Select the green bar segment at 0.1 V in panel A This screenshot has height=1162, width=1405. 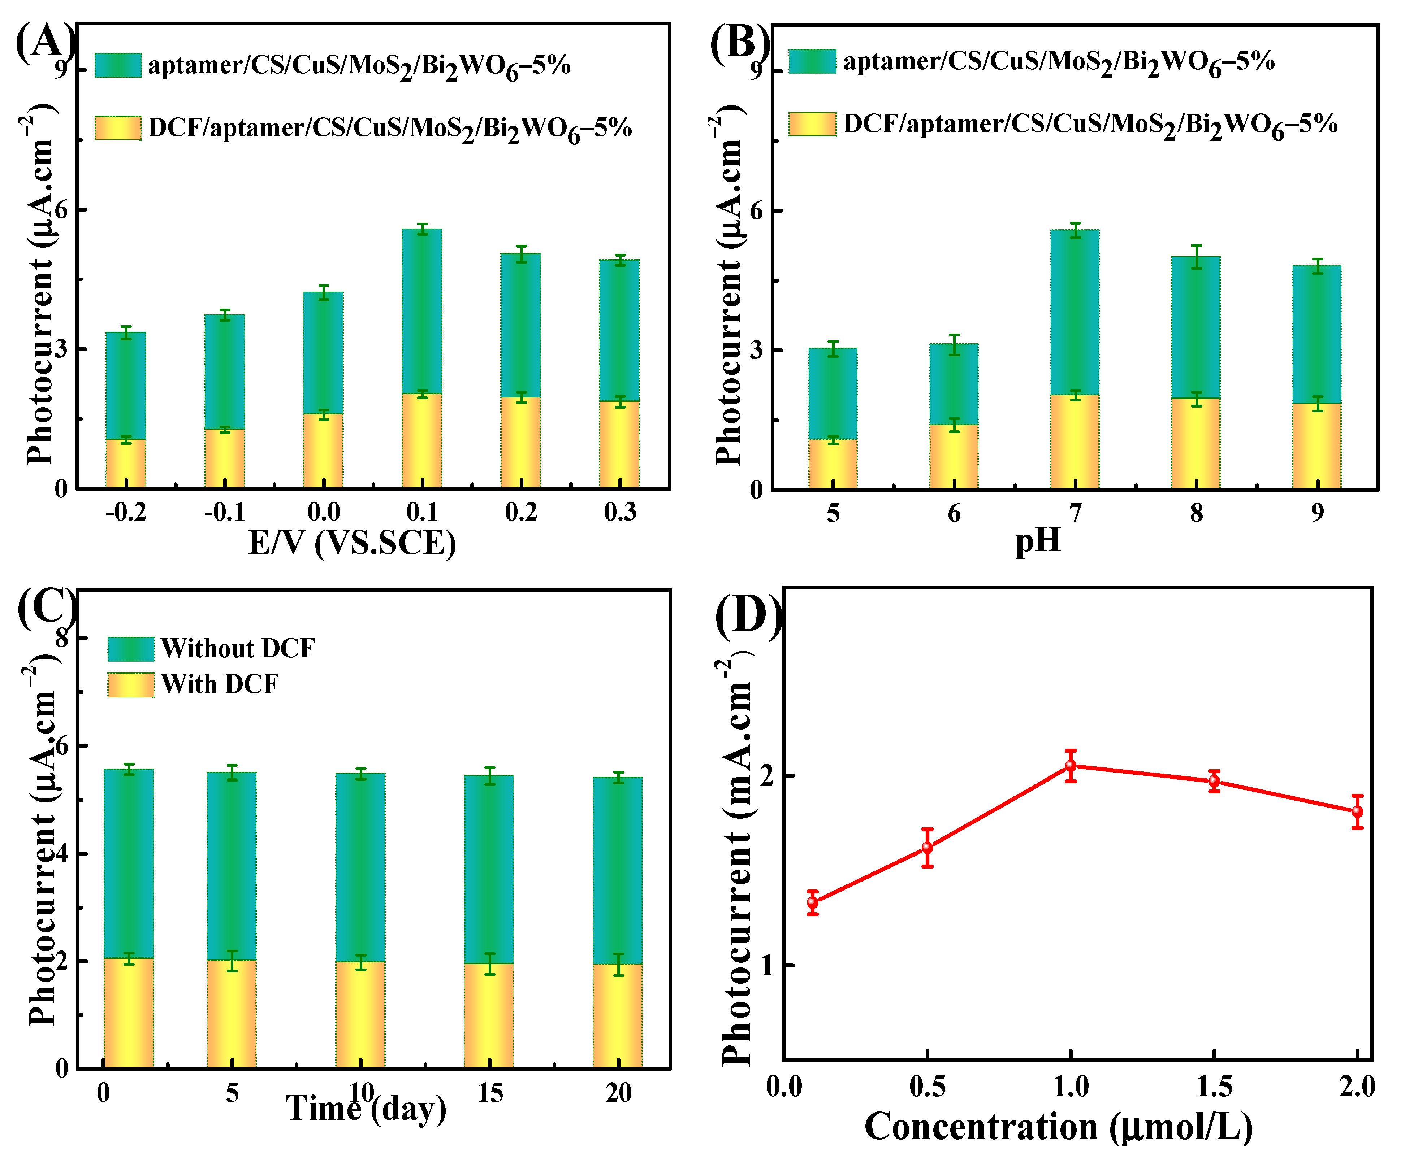421,311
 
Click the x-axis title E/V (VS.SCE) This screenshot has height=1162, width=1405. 353,543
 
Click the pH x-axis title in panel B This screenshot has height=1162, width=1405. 1038,540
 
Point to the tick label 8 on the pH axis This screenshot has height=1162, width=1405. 1196,513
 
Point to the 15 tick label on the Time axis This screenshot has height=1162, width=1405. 490,1093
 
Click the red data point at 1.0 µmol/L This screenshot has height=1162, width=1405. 1071,766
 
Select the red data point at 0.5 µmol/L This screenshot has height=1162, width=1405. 927,847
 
